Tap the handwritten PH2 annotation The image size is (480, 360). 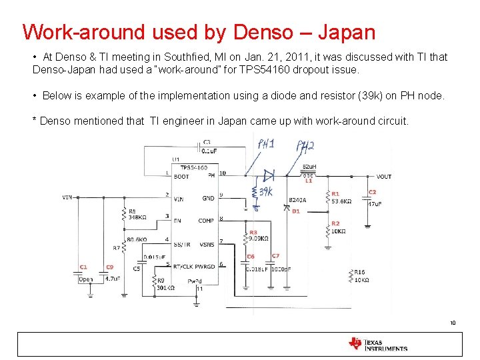[305, 146]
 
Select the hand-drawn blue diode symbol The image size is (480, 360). [269, 175]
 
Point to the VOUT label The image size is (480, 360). [384, 177]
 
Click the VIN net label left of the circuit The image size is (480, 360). [67, 197]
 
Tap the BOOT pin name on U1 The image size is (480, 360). [181, 177]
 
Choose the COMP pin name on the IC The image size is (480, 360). [206, 221]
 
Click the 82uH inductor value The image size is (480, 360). [309, 167]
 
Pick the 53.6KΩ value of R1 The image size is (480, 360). [343, 201]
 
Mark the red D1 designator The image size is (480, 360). [296, 211]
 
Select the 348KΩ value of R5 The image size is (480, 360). [138, 217]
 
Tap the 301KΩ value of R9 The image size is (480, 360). [165, 287]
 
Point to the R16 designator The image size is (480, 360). [359, 272]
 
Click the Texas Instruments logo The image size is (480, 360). [377, 344]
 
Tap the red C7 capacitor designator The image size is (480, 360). [275, 256]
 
